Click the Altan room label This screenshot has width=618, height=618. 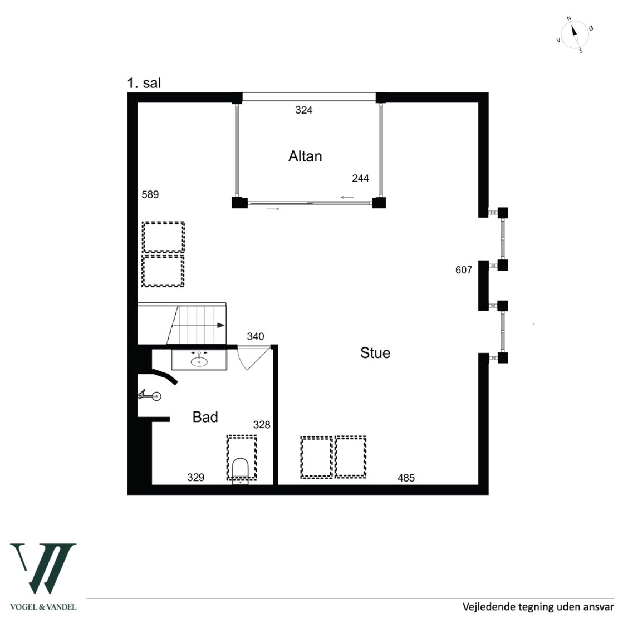pos(305,156)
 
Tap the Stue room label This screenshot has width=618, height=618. pos(375,353)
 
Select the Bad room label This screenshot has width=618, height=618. pos(205,417)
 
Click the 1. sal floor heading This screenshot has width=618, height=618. pos(144,83)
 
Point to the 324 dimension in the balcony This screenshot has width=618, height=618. pos(304,110)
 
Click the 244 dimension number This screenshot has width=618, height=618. pos(361,179)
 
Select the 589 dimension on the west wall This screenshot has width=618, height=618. pos(150,195)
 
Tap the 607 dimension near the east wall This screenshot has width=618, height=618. pos(463,270)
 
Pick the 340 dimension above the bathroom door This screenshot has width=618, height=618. pos(256,337)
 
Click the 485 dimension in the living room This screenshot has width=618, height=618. pos(406,478)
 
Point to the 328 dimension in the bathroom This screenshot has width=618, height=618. pos(262,425)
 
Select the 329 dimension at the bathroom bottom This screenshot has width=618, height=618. pos(196,478)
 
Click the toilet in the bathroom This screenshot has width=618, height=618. pos(241,470)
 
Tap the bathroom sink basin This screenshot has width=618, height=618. pos(199,360)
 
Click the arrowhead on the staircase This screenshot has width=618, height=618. pos(220,326)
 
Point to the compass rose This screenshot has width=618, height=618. pos(575,35)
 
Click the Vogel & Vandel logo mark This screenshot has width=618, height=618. pos(43,568)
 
